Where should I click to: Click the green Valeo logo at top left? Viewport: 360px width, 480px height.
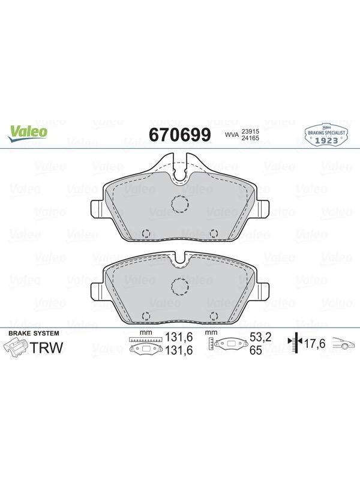[28, 134]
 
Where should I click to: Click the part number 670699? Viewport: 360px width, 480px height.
[180, 134]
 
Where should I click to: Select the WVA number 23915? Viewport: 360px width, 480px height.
[250, 131]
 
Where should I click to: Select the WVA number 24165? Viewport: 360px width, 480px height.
[250, 138]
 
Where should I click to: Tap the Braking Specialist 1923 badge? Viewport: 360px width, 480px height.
[326, 134]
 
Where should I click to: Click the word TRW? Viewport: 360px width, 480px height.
[47, 348]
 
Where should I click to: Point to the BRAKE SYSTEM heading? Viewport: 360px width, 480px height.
[34, 334]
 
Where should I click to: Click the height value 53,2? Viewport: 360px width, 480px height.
[260, 337]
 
